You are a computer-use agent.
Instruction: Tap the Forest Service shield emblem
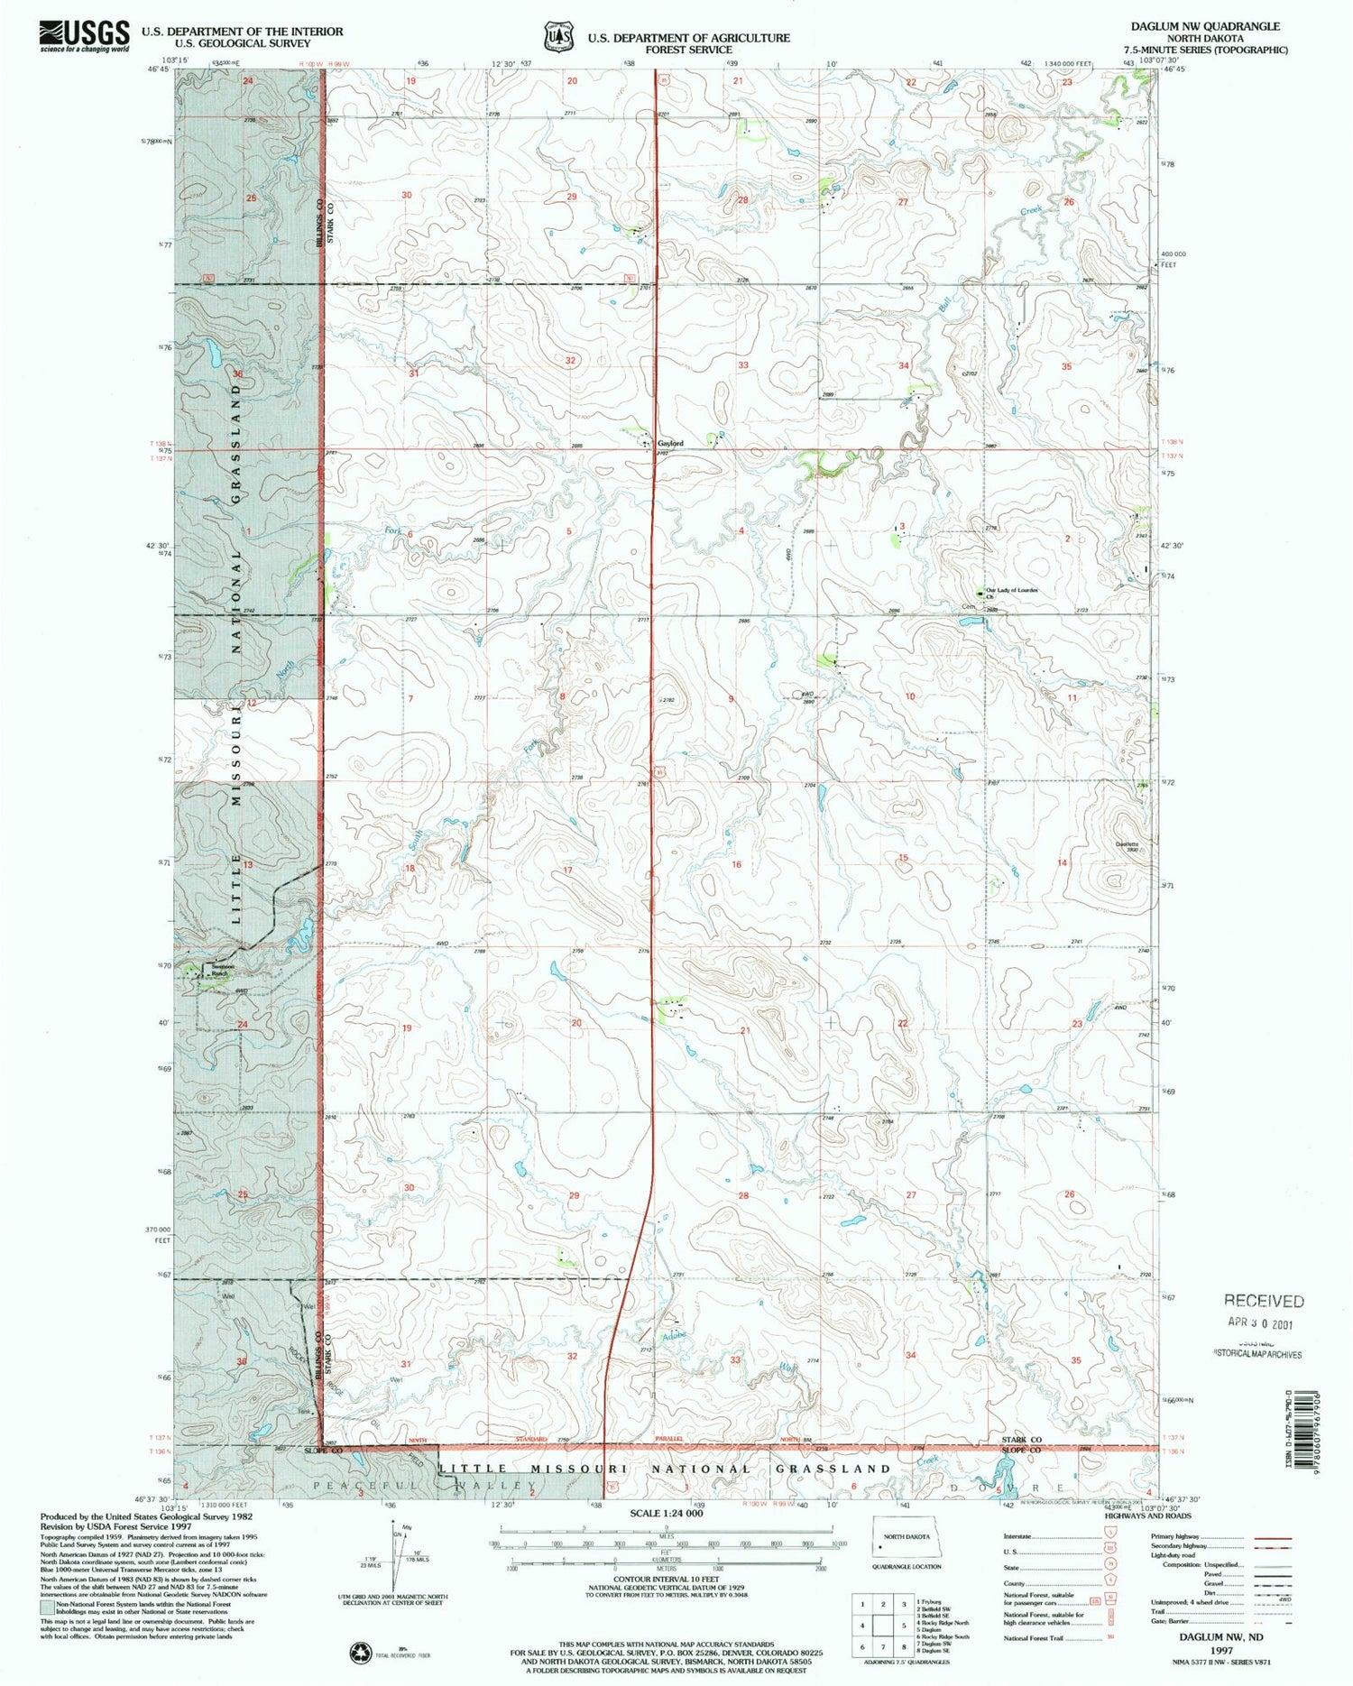(x=557, y=37)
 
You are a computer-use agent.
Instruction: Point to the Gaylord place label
(x=670, y=443)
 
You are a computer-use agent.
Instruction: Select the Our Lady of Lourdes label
(x=1011, y=590)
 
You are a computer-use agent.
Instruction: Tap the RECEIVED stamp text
(x=1263, y=1301)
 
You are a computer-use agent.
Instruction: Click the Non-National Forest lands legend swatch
(x=47, y=1607)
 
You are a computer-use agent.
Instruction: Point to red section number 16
(x=736, y=864)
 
